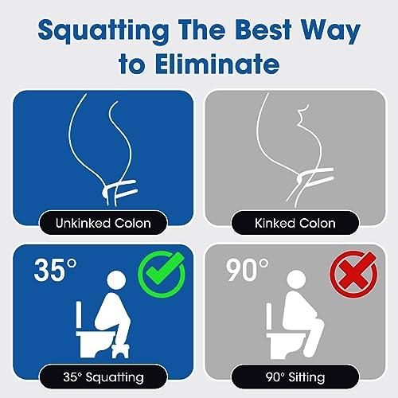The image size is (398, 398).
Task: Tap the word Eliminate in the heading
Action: click(x=217, y=64)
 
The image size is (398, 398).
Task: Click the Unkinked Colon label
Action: click(x=103, y=223)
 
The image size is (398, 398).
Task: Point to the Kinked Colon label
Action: click(x=295, y=223)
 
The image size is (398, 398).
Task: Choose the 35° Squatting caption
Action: click(x=103, y=377)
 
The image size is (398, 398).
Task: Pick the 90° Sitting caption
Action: click(x=295, y=377)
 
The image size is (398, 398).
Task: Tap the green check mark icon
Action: click(x=162, y=274)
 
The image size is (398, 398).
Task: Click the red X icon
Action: click(x=353, y=273)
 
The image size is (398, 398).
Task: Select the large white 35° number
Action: click(x=55, y=270)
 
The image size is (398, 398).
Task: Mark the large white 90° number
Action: click(x=247, y=270)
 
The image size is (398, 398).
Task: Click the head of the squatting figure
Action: click(x=116, y=280)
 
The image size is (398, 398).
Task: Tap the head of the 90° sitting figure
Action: click(x=296, y=280)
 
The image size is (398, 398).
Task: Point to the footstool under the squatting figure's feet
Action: click(x=120, y=350)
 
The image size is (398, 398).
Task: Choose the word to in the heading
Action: click(x=132, y=64)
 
